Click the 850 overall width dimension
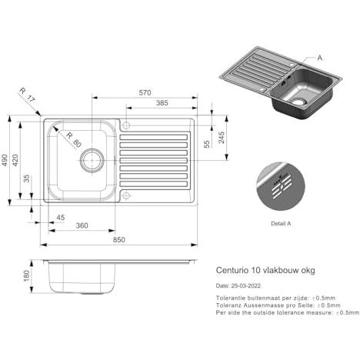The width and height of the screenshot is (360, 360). pyautogui.click(x=119, y=239)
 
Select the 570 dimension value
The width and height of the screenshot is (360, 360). pyautogui.click(x=145, y=92)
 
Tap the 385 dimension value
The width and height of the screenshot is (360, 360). pyautogui.click(x=162, y=103)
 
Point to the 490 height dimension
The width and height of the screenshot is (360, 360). pyautogui.click(x=5, y=160)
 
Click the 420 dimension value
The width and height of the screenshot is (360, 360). pyautogui.click(x=15, y=160)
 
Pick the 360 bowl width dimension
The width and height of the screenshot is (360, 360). pyautogui.click(x=82, y=225)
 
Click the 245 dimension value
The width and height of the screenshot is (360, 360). pyautogui.click(x=222, y=138)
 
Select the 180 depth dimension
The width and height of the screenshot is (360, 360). pyautogui.click(x=27, y=276)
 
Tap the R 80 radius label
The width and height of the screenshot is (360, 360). pyautogui.click(x=74, y=140)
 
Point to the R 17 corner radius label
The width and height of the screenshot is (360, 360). pyautogui.click(x=27, y=95)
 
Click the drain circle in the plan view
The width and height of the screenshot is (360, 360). pyautogui.click(x=92, y=160)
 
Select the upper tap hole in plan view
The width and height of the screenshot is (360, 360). pyautogui.click(x=126, y=125)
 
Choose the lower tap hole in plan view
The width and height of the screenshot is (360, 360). pyautogui.click(x=126, y=195)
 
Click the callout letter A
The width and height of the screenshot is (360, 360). pyautogui.click(x=319, y=58)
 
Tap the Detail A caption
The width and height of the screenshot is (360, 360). pyautogui.click(x=281, y=224)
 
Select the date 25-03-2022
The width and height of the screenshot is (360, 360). pyautogui.click(x=245, y=285)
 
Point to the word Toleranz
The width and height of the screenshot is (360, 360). pyautogui.click(x=228, y=305)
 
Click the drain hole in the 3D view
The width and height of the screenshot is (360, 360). pyautogui.click(x=299, y=102)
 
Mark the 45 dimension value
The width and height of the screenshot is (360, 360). pyautogui.click(x=61, y=218)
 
